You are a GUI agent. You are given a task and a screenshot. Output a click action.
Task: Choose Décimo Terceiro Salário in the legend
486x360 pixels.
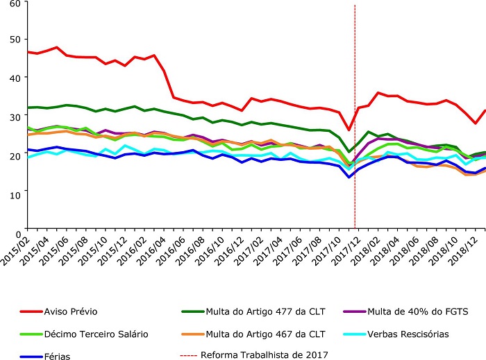[x=96, y=334]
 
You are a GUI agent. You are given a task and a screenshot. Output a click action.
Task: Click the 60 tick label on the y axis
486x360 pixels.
[x=15, y=4]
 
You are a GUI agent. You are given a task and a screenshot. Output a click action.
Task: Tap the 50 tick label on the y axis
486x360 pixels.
[x=15, y=40]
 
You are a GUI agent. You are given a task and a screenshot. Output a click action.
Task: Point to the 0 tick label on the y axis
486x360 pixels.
[x=18, y=227]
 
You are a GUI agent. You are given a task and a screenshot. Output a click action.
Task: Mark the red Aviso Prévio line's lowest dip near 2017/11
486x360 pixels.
[x=349, y=130]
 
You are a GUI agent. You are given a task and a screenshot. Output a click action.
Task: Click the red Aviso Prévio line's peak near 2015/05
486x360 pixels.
[x=57, y=48]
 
